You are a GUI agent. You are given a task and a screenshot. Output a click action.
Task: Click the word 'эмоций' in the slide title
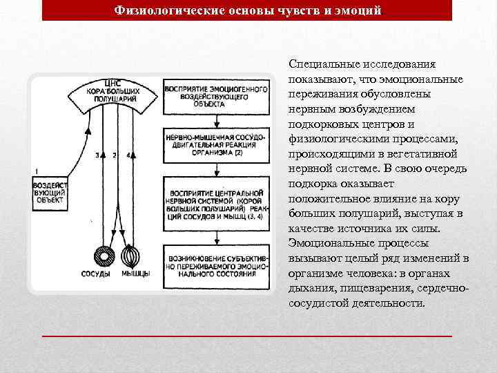(357, 10)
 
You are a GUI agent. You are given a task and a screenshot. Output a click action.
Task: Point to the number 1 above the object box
(36, 170)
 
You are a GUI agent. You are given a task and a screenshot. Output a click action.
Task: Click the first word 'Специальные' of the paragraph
(323, 64)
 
